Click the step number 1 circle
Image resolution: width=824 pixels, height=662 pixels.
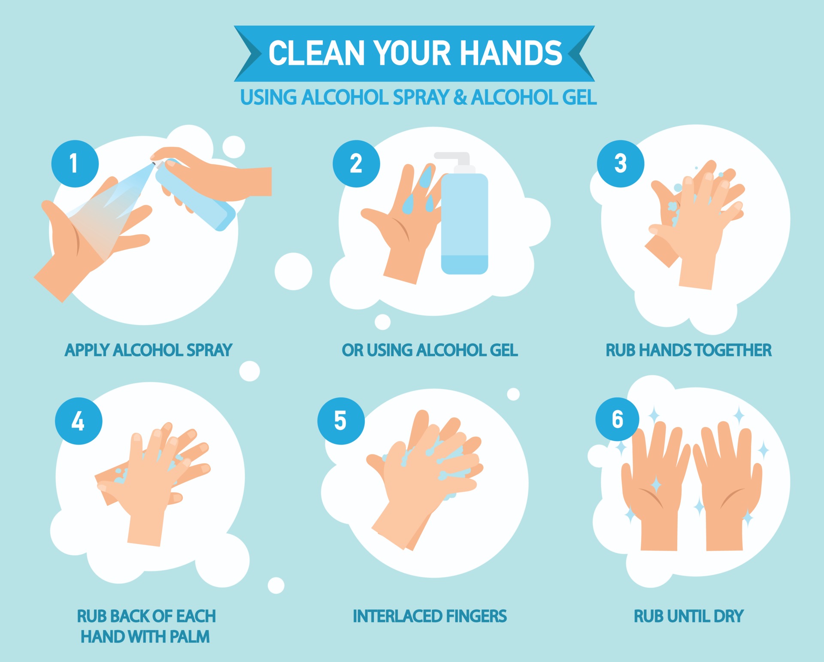75,163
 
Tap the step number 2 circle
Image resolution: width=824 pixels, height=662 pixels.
356,163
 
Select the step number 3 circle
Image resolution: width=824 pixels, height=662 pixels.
621,163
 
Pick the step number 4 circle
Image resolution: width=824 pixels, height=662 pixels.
79,421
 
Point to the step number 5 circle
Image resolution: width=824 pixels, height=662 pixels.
341,421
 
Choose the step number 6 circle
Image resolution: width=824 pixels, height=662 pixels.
617,419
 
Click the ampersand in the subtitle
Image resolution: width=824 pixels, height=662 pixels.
460,97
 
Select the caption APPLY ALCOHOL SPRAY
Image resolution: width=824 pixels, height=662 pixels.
148,350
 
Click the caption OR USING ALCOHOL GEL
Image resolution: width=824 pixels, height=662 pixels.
430,350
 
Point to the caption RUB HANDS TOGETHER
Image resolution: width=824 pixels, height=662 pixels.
688,350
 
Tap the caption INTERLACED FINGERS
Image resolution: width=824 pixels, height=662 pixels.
430,616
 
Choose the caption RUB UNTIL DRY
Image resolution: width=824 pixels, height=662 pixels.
688,616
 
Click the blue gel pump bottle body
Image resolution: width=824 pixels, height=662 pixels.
465,224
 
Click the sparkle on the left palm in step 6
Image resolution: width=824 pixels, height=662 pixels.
656,485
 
